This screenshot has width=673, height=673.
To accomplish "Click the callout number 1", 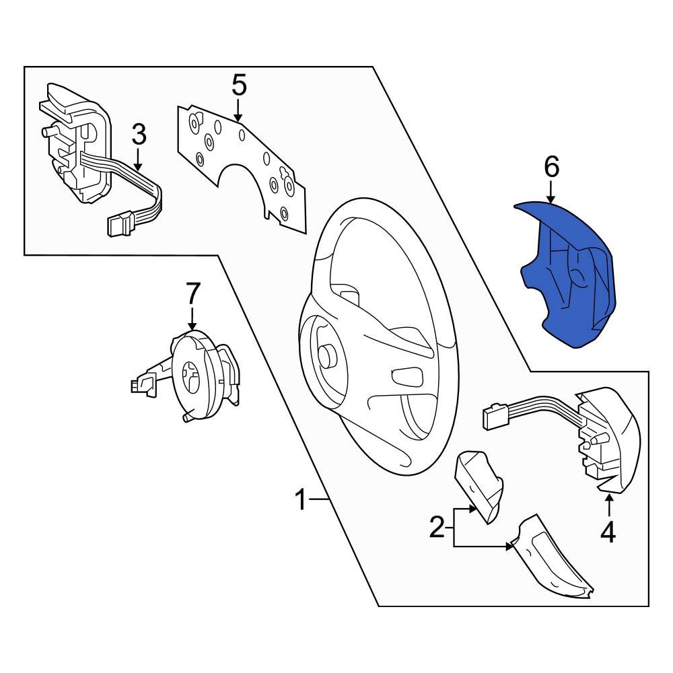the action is coord(301,501).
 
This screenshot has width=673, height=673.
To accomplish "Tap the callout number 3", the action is coord(138,135).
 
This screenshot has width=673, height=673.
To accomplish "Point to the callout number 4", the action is coord(608,532).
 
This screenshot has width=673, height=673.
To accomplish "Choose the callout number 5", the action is coord(239,86).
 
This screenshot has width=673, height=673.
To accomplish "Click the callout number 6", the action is coord(551,167).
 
